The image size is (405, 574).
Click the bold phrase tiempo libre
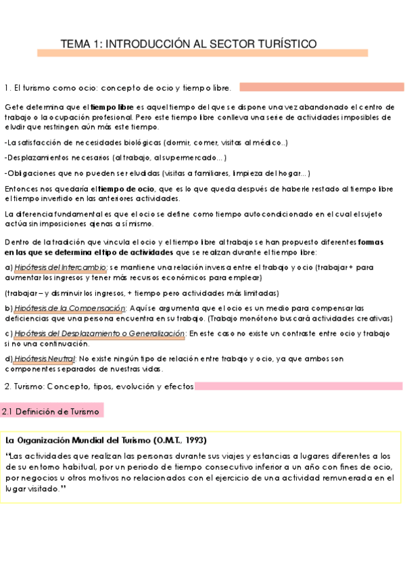[112, 108]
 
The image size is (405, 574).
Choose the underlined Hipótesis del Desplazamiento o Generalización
[99, 334]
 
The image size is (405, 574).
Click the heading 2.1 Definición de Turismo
[51, 412]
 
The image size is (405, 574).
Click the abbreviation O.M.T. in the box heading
[181, 440]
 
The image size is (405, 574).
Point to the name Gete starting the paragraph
[14, 108]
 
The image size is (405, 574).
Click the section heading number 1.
[7, 88]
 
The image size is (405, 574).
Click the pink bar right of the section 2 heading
[293, 387]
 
